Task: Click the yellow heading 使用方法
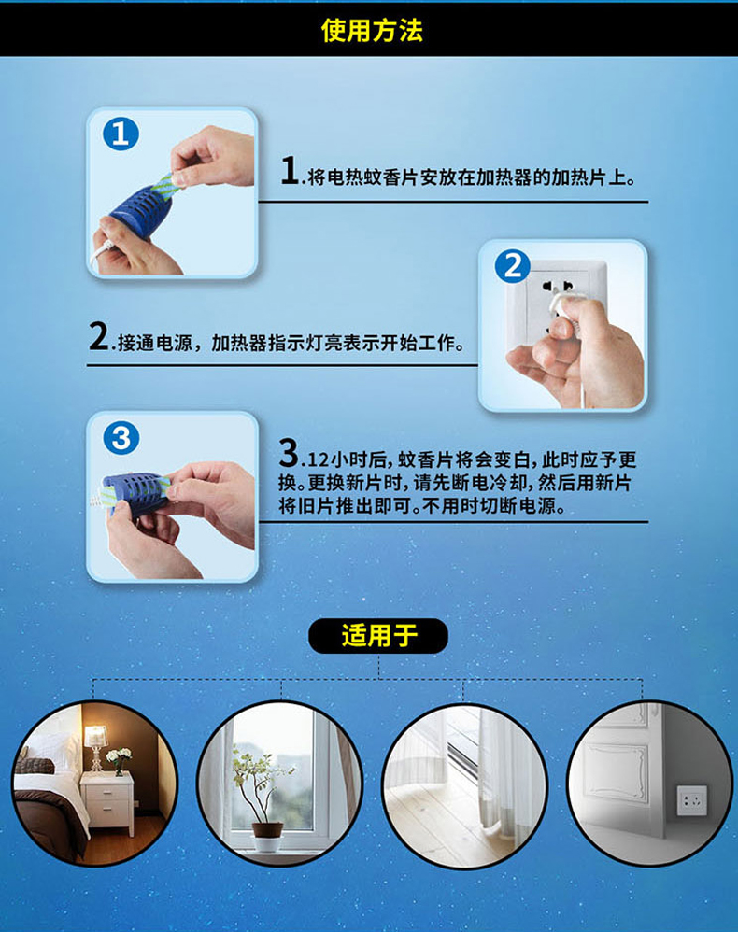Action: point(372,30)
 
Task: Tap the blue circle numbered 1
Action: point(121,134)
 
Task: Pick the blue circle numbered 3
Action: point(121,438)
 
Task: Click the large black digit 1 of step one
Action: point(290,171)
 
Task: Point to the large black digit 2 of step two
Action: point(99,336)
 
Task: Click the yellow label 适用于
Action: point(379,636)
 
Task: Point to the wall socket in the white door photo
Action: point(692,800)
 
